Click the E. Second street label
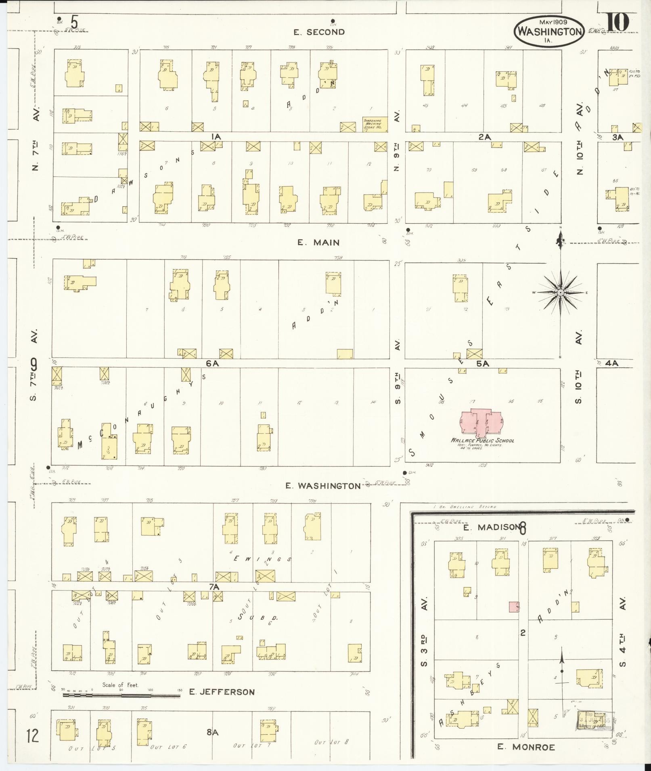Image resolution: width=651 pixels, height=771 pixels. coord(319,32)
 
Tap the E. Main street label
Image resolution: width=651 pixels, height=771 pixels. coord(318,243)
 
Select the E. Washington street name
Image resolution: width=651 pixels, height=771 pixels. coord(323,486)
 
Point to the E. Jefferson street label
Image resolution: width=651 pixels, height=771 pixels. coord(222,692)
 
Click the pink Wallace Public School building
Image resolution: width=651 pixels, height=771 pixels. coord(480,423)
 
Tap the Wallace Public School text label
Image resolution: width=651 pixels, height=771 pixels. coord(482,441)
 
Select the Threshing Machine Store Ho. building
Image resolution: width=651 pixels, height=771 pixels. coord(375,124)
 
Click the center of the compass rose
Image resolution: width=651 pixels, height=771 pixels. coord(560,292)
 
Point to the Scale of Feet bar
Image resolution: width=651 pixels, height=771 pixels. coord(121,696)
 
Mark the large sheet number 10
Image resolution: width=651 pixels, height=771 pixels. coord(618,22)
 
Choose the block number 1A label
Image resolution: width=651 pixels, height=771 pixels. coord(216,137)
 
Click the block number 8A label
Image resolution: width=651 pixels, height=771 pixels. coord(212,732)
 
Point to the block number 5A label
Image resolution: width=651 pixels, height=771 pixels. coord(483,364)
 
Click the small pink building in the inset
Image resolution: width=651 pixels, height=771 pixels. coord(514,607)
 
